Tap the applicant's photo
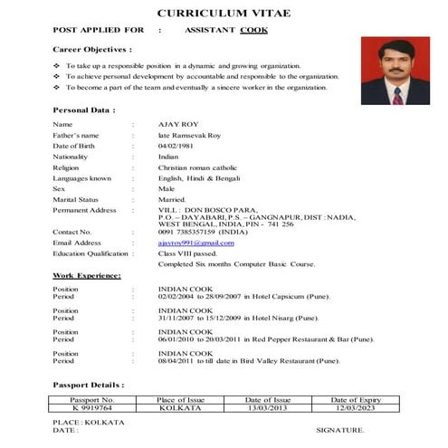pos(395,71)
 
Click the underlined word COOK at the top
pos(254,30)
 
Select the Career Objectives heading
pos(92,49)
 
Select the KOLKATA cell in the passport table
pos(180,408)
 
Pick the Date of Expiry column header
pos(356,399)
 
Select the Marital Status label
pos(76,199)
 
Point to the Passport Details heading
pos(89,384)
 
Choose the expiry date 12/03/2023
pos(356,408)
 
